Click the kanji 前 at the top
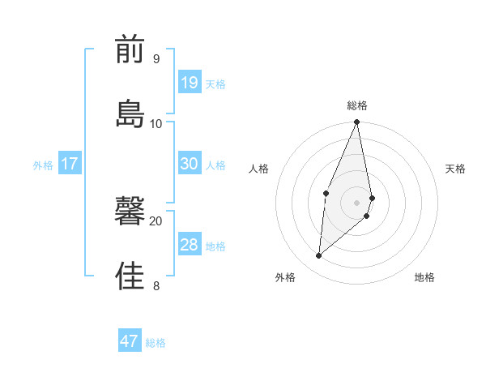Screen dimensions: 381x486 (130, 50)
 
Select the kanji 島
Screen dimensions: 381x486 (130, 113)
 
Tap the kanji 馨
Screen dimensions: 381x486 (130, 213)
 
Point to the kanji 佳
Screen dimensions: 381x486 (130, 276)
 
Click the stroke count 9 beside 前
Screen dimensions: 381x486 (156, 59)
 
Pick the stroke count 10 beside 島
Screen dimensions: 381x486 (156, 123)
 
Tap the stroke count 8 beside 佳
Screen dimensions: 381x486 (156, 285)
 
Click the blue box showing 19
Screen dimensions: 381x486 (190, 83)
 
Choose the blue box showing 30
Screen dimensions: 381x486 (190, 164)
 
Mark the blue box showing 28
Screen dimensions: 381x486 (190, 245)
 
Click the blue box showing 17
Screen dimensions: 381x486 (70, 164)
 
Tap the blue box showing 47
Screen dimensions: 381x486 (130, 341)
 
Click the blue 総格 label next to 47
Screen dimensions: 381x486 (156, 343)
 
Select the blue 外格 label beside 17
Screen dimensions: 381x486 (43, 165)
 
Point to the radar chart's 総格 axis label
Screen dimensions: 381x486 (357, 105)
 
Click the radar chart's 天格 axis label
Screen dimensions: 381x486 (455, 169)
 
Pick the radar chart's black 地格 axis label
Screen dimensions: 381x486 (424, 278)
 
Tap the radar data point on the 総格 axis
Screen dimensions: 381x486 (357, 122)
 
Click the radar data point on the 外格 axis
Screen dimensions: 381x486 (319, 256)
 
